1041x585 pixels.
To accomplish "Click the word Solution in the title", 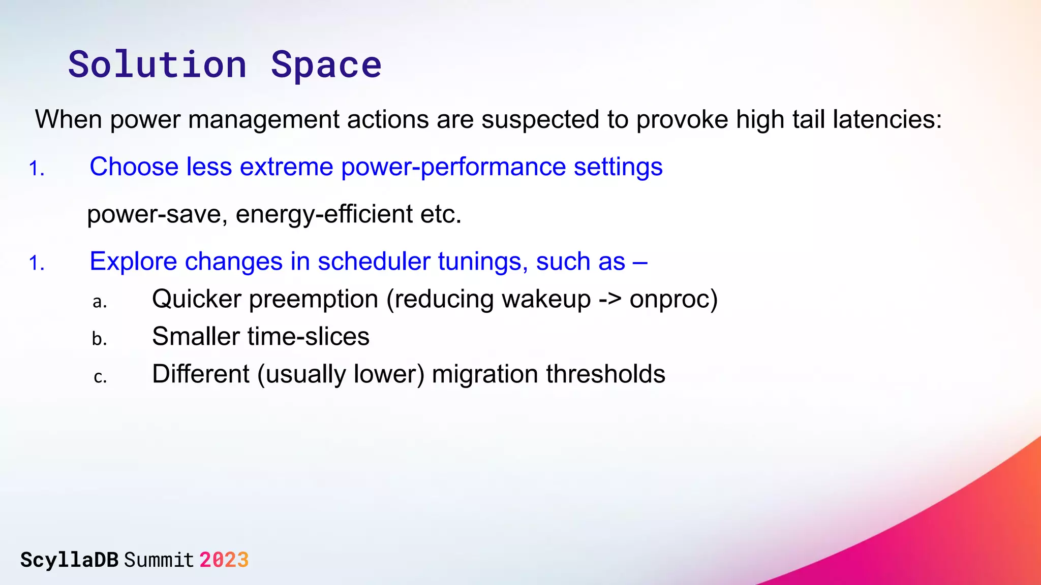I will click(x=157, y=65).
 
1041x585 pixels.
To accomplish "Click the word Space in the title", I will click(x=326, y=65).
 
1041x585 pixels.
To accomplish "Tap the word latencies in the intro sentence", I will click(x=887, y=120).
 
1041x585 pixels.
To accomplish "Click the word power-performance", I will click(x=453, y=167).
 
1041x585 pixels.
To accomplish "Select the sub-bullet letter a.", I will click(x=100, y=302).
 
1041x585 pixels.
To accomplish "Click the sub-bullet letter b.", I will click(x=100, y=339).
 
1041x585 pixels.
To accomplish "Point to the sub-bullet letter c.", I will click(x=100, y=377).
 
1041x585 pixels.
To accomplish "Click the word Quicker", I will click(x=196, y=299).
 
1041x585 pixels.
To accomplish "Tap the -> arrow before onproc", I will click(x=610, y=299).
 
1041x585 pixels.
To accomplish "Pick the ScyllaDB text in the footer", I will click(x=70, y=560).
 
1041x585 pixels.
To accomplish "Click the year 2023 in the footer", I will click(x=224, y=560).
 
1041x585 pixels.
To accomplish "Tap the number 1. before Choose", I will click(x=37, y=169).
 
